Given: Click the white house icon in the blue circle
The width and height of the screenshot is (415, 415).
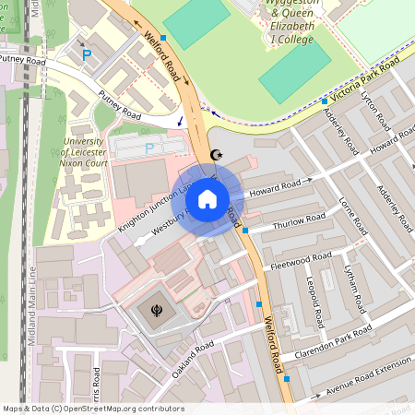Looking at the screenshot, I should tap(207, 199).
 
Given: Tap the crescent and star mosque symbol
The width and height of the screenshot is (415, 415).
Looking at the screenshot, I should tap(218, 154).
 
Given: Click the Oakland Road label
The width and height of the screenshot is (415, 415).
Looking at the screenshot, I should tap(191, 359).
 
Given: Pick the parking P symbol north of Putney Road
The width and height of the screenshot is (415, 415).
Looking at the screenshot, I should tap(88, 55).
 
